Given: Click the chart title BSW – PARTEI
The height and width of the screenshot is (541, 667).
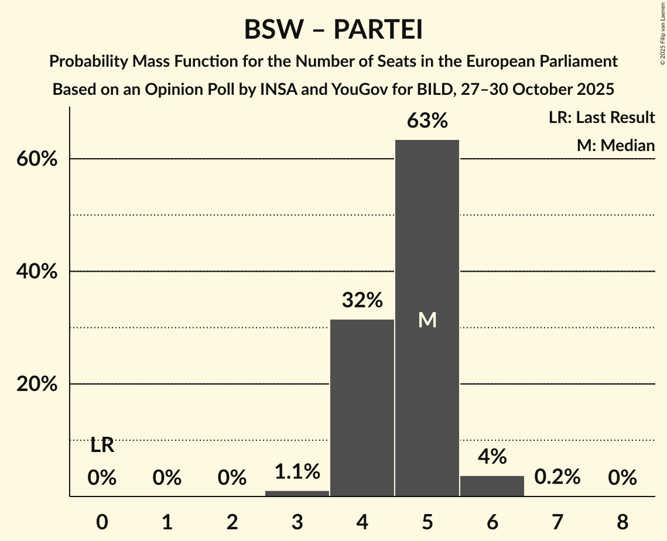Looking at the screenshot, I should pos(333,30).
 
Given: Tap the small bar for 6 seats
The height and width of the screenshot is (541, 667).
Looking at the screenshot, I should pos(492,486).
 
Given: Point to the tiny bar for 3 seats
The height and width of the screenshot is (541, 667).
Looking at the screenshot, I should pos(297,494).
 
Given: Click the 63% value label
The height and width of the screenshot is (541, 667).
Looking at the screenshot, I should pos(427,121).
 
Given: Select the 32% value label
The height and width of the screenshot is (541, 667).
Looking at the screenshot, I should pos(362,300).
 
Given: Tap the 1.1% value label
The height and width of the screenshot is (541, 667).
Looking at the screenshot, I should pos(297,471).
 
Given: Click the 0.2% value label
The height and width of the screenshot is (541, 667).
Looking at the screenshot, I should pos(557,477).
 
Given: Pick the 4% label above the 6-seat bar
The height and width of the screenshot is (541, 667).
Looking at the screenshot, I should pos(492,457).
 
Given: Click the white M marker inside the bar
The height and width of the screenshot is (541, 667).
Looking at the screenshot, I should pos(427,320).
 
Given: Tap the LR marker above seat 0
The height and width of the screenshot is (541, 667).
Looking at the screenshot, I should pos(102,446).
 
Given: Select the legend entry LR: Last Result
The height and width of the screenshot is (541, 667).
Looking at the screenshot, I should pos(601,118).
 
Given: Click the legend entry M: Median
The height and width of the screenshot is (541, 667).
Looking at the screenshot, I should pos(615,145).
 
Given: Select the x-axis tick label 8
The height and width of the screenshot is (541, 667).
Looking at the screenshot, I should pos(622,522).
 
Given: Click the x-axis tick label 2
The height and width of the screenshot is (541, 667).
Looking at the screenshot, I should pos(232,522).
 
